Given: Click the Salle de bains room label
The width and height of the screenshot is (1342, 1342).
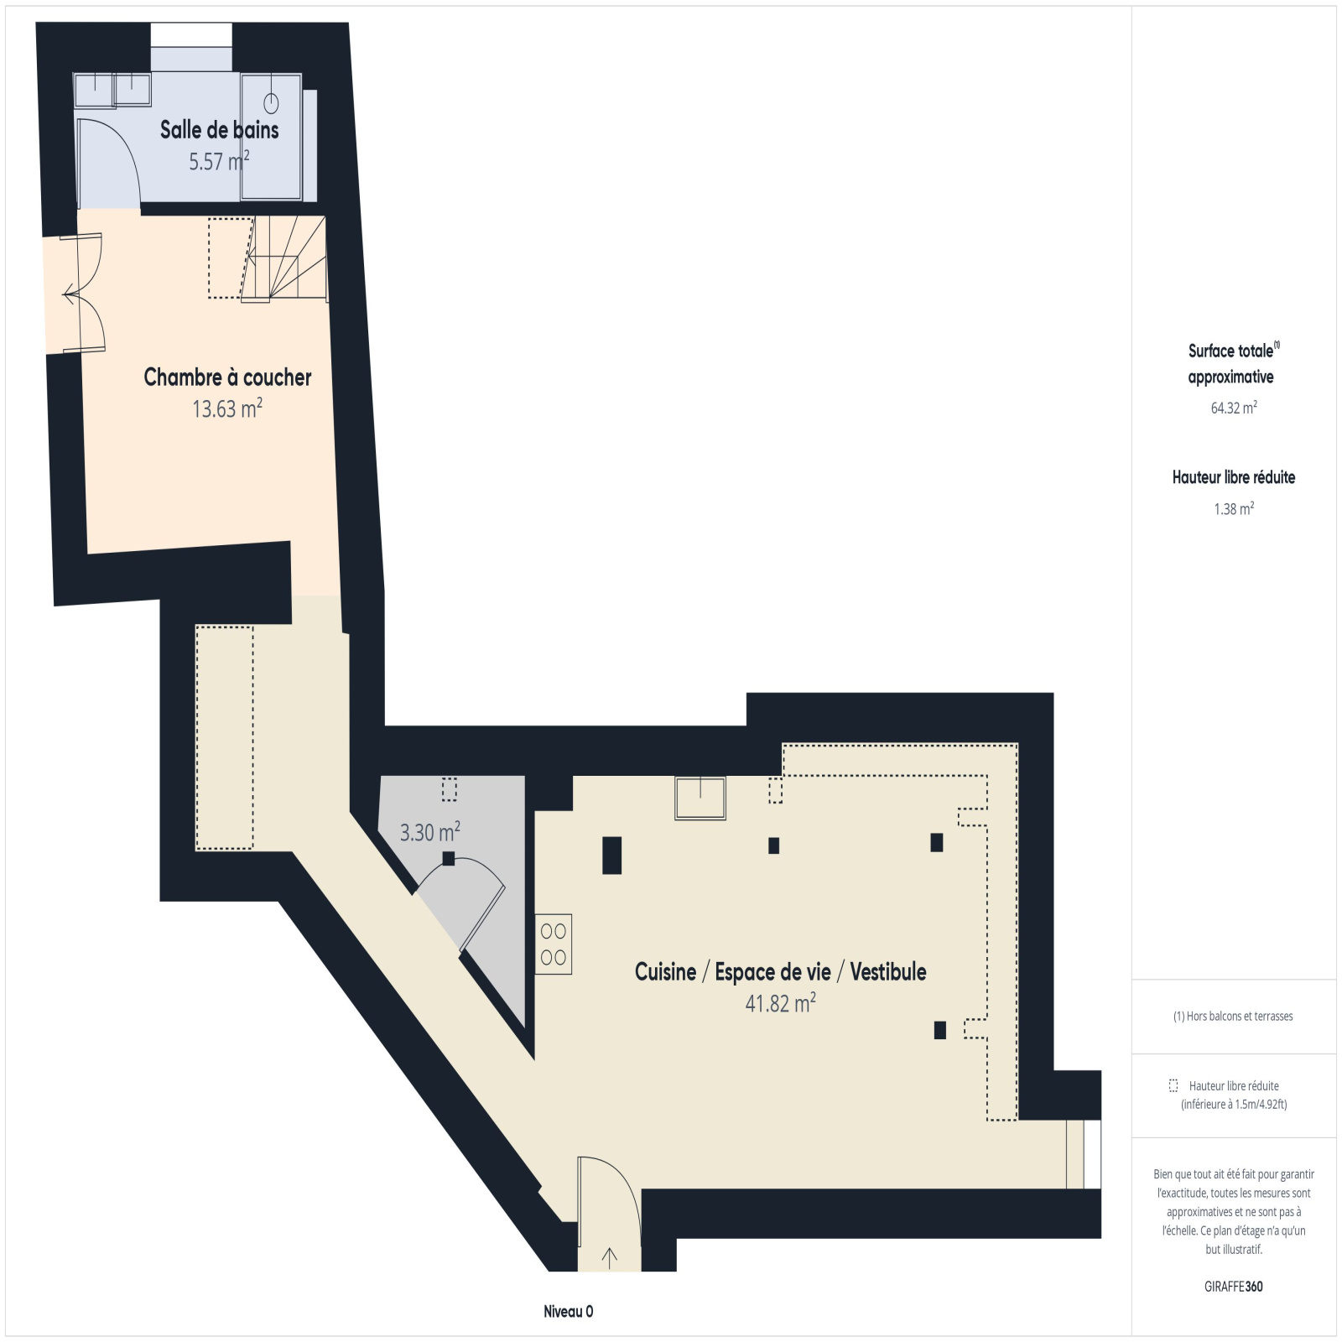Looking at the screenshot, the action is pyautogui.click(x=219, y=129).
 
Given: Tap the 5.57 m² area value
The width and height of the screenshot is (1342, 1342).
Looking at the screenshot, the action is pyautogui.click(x=219, y=161).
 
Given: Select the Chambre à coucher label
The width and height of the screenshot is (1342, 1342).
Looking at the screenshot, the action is pyautogui.click(x=227, y=377).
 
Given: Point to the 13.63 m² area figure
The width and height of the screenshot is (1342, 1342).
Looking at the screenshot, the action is pyautogui.click(x=227, y=408).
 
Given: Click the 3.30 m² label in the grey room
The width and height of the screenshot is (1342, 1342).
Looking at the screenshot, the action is pyautogui.click(x=429, y=832).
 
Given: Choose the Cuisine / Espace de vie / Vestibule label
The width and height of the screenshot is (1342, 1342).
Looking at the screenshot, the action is pyautogui.click(x=780, y=971).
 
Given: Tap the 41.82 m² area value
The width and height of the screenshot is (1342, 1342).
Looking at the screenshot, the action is pyautogui.click(x=780, y=1003).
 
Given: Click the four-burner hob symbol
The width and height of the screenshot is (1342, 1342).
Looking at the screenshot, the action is pyautogui.click(x=554, y=944).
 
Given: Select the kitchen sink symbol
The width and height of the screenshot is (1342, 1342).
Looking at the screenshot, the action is pyautogui.click(x=700, y=798).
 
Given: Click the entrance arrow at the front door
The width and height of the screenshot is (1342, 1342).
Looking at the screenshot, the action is pyautogui.click(x=610, y=1256).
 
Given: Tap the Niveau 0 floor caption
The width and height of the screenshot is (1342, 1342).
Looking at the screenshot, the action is pyautogui.click(x=568, y=1312).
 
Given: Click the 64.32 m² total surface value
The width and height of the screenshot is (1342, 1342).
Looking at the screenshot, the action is pyautogui.click(x=1234, y=408).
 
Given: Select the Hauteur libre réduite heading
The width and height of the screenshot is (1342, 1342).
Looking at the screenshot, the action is pyautogui.click(x=1234, y=477).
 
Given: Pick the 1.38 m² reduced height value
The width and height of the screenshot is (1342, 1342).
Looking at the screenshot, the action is pyautogui.click(x=1234, y=508).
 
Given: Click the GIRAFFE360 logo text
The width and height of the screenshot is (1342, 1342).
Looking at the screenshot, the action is pyautogui.click(x=1234, y=1287).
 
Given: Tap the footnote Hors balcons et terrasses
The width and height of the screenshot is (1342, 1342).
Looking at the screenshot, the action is pyautogui.click(x=1233, y=1016).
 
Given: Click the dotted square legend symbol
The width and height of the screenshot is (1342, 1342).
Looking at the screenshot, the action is pyautogui.click(x=1173, y=1085).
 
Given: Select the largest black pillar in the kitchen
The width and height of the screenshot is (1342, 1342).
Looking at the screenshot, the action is pyautogui.click(x=612, y=856).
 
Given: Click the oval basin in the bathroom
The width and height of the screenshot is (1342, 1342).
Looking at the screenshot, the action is pyautogui.click(x=271, y=103).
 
